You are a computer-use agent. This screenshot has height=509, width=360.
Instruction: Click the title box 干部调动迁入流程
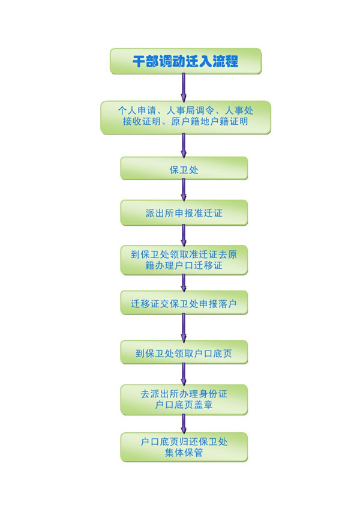pos(185,61)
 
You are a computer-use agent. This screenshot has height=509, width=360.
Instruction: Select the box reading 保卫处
pos(184,169)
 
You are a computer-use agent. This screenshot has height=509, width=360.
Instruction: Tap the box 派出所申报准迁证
pos(184,213)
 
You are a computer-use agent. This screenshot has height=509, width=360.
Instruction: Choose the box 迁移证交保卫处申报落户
pos(184,304)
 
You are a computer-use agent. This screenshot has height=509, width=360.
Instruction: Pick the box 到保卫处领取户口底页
pos(184,354)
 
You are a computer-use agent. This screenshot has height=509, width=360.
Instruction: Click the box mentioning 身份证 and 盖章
pos(184,400)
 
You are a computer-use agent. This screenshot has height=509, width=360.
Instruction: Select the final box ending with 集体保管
pos(184,447)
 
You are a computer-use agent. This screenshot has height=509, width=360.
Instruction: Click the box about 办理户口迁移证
pos(184,259)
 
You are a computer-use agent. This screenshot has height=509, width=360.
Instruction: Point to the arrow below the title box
pos(184,88)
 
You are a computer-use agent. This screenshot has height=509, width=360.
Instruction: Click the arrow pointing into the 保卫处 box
pos(184,145)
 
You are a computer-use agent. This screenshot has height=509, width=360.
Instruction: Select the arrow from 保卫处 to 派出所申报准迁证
pos(184,190)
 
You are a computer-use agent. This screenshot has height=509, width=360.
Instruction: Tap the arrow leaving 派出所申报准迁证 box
pos(184,235)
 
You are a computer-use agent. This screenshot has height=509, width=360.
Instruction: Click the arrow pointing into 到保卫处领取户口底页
pos(184,328)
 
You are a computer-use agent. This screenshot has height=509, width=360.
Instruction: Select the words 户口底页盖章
pos(184,406)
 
